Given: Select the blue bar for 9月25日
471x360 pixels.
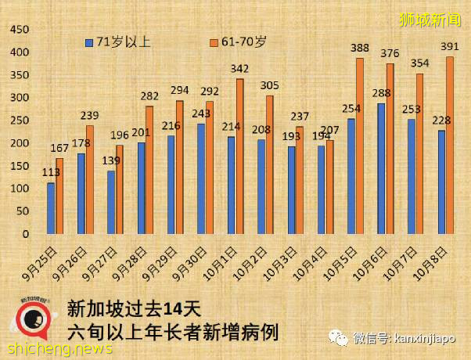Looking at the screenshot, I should pos(51,208).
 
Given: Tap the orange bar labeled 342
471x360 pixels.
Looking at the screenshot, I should pos(240,156).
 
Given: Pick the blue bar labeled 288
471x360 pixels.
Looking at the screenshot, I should pos(381,168).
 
